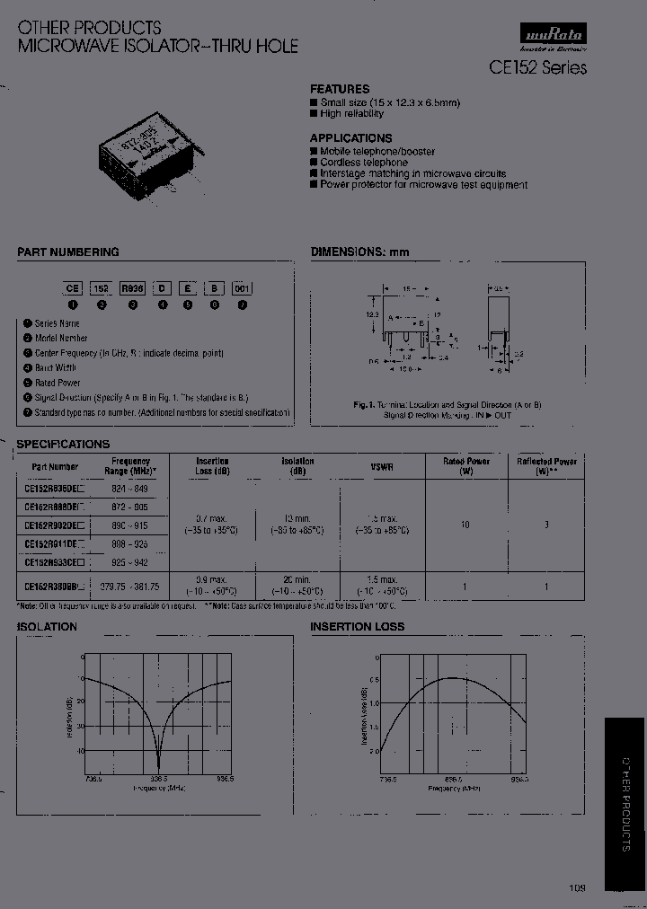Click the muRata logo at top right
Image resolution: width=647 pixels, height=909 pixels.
point(553,36)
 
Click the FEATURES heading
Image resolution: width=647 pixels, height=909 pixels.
point(340,89)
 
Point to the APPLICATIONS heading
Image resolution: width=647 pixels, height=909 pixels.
point(351,137)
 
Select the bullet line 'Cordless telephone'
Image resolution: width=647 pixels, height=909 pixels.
point(358,163)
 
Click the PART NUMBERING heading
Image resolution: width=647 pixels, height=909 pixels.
point(68,252)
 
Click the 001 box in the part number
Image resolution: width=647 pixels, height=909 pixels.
point(242,288)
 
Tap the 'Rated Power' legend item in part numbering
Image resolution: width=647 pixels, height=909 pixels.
point(57,383)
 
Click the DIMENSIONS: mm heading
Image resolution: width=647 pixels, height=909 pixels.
point(359,252)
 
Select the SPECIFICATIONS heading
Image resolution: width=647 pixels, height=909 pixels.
point(63,444)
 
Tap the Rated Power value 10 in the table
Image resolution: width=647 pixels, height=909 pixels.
point(465,524)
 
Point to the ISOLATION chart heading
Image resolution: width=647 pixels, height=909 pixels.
point(47,626)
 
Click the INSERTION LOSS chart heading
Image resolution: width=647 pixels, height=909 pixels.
point(358,626)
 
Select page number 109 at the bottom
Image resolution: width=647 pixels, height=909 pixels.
point(577,888)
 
